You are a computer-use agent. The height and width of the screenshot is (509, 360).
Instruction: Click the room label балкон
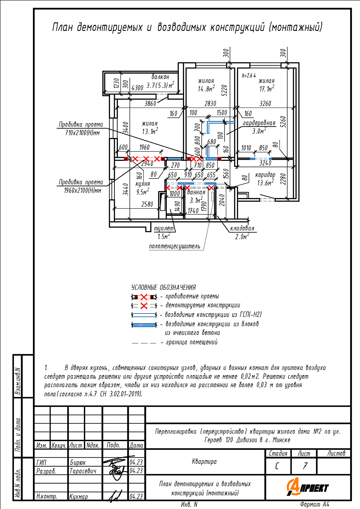(x=160, y=77)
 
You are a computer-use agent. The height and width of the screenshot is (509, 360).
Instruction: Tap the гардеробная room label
(x=259, y=123)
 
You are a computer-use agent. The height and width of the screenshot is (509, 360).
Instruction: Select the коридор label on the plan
(x=265, y=175)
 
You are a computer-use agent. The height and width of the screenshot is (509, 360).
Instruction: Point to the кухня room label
(x=143, y=184)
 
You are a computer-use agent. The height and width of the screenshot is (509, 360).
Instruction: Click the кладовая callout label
(x=242, y=228)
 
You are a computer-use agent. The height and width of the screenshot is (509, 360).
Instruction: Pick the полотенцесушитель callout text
(x=175, y=246)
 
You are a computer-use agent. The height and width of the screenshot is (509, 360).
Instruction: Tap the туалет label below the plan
(x=164, y=228)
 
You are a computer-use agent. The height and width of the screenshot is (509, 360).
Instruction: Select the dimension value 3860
(x=150, y=103)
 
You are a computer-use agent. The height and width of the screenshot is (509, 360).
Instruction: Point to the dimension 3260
(x=265, y=103)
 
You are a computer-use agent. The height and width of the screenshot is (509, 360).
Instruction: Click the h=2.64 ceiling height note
(x=249, y=75)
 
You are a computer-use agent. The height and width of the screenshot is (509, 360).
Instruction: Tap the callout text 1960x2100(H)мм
(x=83, y=190)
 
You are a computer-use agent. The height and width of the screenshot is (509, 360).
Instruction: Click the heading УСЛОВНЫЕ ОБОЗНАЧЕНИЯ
(x=163, y=287)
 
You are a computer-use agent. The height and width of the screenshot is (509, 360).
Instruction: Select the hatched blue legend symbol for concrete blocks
(x=144, y=325)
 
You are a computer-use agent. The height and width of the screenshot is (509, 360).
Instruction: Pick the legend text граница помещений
(x=192, y=342)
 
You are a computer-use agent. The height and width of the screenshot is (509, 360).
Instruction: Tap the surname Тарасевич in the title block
(x=83, y=471)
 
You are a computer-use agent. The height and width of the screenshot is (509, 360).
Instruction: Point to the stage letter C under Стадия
(x=277, y=466)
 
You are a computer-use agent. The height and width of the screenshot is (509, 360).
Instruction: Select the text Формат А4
(x=314, y=505)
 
